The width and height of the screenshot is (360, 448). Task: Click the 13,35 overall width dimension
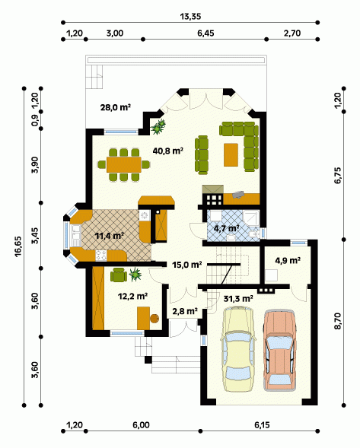click(x=190, y=17)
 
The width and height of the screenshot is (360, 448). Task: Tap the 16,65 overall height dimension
click(x=18, y=246)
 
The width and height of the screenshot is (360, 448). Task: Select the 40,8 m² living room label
click(x=168, y=151)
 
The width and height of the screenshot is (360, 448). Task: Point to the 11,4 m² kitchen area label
click(x=110, y=236)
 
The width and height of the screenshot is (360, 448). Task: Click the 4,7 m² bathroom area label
click(x=227, y=228)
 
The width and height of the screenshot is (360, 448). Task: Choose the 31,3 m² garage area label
click(x=238, y=299)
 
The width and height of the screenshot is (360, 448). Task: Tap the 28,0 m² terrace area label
click(x=116, y=107)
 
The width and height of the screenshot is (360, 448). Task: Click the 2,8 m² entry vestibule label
click(x=185, y=311)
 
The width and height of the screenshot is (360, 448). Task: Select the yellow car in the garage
click(x=238, y=349)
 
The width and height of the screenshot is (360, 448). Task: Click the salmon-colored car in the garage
click(x=279, y=351)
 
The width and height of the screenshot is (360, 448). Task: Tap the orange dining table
click(x=124, y=164)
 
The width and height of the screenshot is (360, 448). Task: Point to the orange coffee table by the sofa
click(x=231, y=154)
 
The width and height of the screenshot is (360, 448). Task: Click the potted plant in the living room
click(x=158, y=127)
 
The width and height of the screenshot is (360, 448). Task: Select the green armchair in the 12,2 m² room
click(x=119, y=275)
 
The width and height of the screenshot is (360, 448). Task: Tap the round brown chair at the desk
click(x=155, y=318)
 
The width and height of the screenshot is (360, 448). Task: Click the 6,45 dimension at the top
click(x=205, y=33)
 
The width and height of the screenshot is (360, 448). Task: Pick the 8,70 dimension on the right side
click(x=338, y=322)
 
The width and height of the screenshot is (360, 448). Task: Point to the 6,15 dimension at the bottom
click(x=262, y=425)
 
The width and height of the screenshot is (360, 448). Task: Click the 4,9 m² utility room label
click(x=288, y=261)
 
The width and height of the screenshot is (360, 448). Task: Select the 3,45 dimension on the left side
click(x=35, y=236)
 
